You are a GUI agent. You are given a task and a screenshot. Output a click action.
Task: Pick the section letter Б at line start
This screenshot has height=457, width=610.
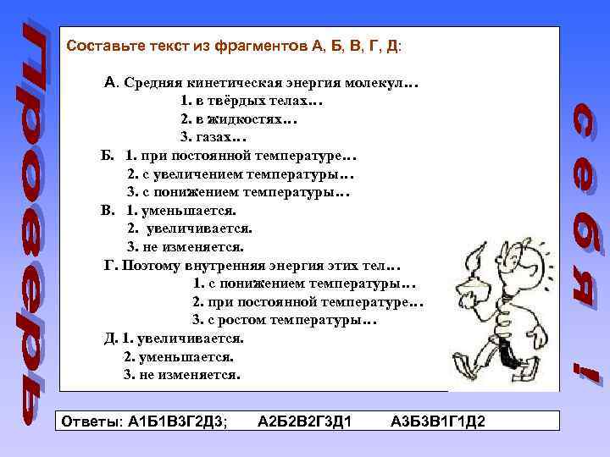105,156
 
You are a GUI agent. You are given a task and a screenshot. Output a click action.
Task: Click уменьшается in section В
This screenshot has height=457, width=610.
187,211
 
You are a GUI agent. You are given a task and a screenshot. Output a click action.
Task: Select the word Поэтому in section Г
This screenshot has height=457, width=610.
150,265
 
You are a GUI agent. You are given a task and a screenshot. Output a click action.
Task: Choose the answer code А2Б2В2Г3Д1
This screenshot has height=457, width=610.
305,421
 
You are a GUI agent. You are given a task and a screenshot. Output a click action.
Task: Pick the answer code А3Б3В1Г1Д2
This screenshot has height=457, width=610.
438,421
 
